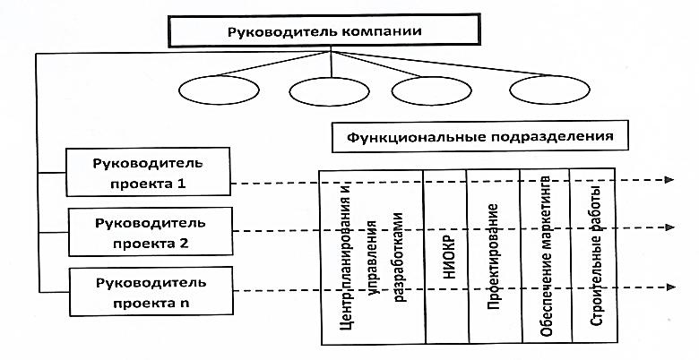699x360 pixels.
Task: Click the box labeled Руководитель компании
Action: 324,30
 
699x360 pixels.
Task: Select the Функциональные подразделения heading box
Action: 479,136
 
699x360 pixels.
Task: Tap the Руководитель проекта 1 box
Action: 148,172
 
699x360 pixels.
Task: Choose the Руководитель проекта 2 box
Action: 151,232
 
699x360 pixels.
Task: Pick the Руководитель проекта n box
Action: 151,291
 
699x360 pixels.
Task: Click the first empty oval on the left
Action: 219,90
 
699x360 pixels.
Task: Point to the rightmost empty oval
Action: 549,90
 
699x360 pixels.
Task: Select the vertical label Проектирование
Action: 493,257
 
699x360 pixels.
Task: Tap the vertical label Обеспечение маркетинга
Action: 547,256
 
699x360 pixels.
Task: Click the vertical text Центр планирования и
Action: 349,256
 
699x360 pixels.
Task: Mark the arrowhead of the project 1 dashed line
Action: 669,180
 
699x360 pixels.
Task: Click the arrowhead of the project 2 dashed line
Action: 670,227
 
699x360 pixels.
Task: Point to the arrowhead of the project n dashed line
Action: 671,287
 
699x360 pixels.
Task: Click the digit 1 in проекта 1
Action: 181,183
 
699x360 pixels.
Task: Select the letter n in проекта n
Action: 184,304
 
